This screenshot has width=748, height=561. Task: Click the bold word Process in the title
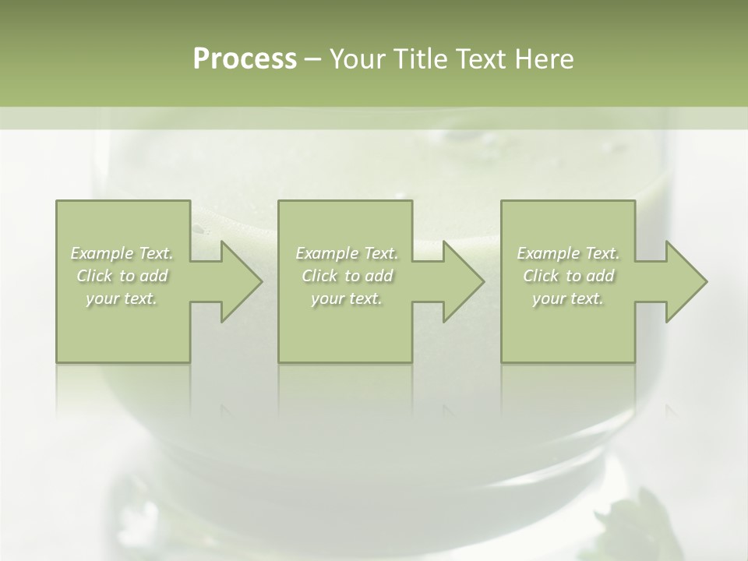(x=245, y=59)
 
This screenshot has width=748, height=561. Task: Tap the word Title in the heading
(x=418, y=59)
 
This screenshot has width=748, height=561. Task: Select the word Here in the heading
(x=544, y=59)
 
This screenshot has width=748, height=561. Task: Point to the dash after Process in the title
(x=313, y=60)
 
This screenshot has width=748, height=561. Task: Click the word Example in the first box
(x=101, y=253)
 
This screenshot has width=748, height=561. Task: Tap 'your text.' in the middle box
(x=347, y=298)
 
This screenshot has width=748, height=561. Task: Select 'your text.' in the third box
(x=568, y=298)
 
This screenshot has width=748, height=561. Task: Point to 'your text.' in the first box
(x=122, y=298)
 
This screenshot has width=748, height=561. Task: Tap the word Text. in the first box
(x=156, y=253)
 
